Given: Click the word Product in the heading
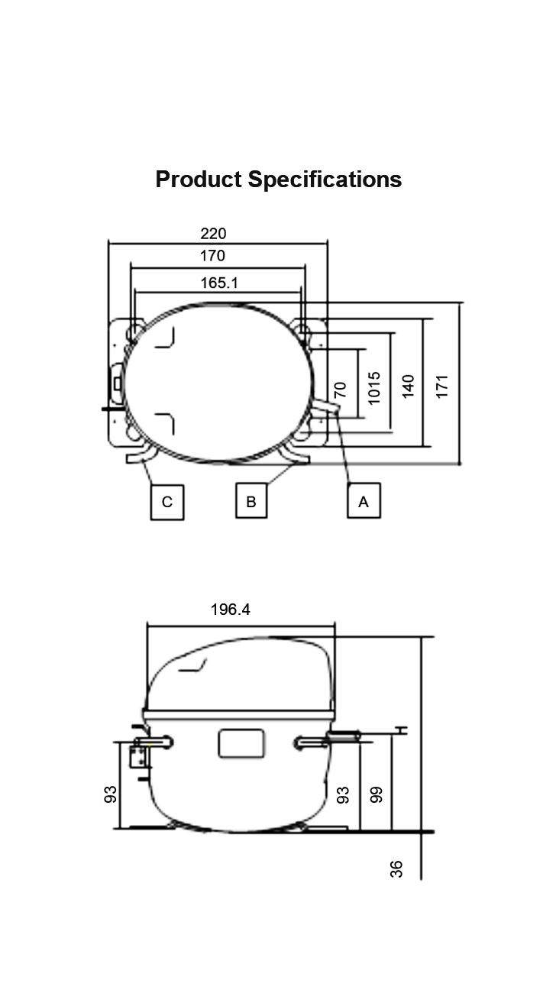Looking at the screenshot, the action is coord(199,180).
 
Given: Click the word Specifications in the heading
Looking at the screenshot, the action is coord(325,180).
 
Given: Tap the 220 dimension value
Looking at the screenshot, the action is coord(213,234).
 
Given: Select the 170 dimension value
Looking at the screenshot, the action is coord(213,256).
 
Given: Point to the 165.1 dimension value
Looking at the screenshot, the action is coord(219,283).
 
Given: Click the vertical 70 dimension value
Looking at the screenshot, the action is coord(340,390).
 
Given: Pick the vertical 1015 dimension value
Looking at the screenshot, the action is coord(374,388).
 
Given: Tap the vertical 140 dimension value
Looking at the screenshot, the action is coord(408,387).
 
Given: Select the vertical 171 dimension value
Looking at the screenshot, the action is coord(442,387).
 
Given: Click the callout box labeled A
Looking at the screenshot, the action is coord(364,501).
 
